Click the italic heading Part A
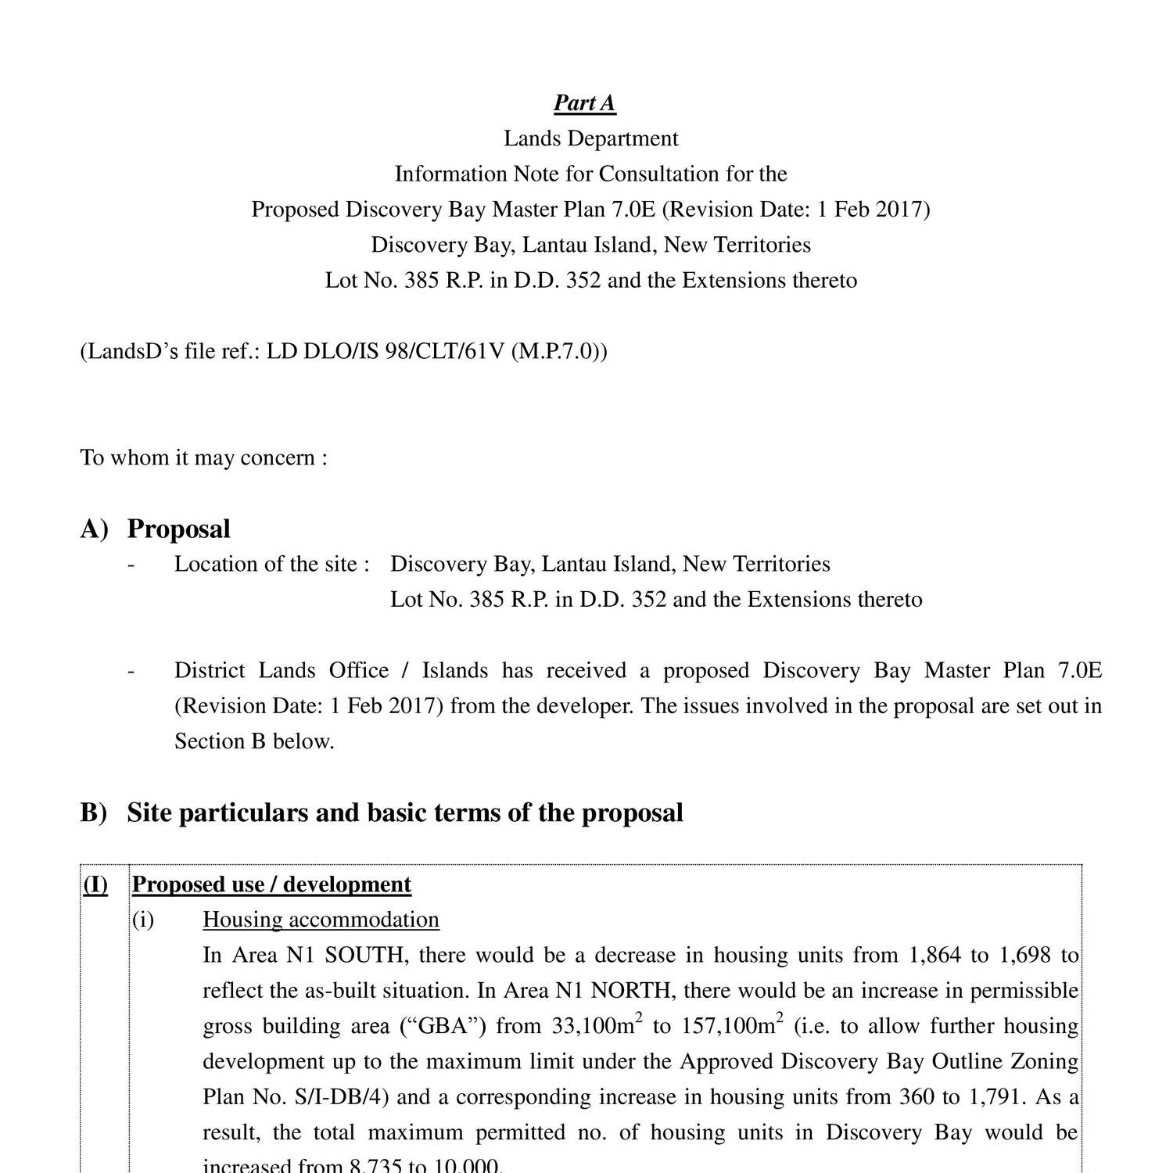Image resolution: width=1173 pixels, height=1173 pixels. point(584,103)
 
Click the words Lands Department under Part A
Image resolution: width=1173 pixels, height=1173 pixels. point(590,138)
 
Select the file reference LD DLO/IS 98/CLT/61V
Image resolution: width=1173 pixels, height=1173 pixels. point(386,351)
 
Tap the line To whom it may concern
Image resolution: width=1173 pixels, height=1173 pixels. point(203,457)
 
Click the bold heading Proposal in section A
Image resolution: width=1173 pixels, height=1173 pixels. point(178,529)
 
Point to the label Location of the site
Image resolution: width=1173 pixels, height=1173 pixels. point(271,564)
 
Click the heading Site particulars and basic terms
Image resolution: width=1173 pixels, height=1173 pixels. point(404,812)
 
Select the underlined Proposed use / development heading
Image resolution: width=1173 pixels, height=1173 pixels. point(271,884)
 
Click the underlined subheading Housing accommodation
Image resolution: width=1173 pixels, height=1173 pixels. point(321,920)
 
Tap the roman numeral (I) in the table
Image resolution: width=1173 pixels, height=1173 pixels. point(95,884)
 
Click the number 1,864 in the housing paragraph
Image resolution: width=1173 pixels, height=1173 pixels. point(934,956)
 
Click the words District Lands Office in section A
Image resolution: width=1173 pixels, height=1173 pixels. point(282,671)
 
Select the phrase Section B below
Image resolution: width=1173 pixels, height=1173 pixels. point(254,741)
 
